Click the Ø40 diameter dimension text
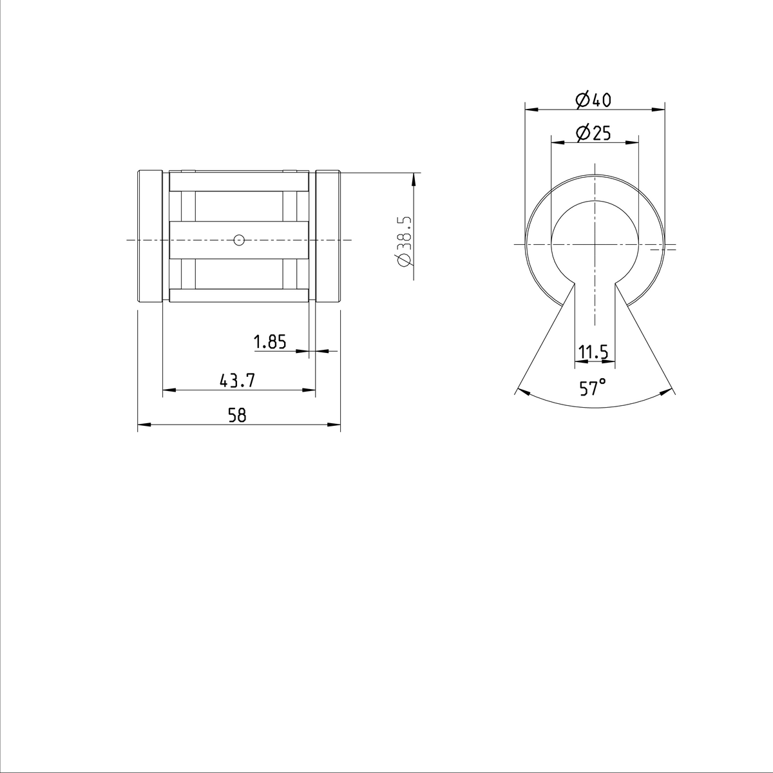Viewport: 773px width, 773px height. point(593,100)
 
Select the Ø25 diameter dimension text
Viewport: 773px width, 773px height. point(593,133)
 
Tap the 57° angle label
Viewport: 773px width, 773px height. point(593,388)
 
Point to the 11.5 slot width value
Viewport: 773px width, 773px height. point(594,352)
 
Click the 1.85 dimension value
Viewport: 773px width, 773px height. point(270,342)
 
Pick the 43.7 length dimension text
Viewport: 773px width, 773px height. point(238,381)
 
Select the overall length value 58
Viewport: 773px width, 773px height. point(238,415)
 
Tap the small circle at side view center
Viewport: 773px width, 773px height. point(239,240)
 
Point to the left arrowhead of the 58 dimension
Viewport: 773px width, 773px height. point(144,425)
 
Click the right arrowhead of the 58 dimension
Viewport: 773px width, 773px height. point(334,425)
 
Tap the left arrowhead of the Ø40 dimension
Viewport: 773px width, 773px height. point(531,109)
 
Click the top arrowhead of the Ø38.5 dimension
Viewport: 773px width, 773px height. point(414,178)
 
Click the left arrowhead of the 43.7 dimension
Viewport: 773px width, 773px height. point(168,390)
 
